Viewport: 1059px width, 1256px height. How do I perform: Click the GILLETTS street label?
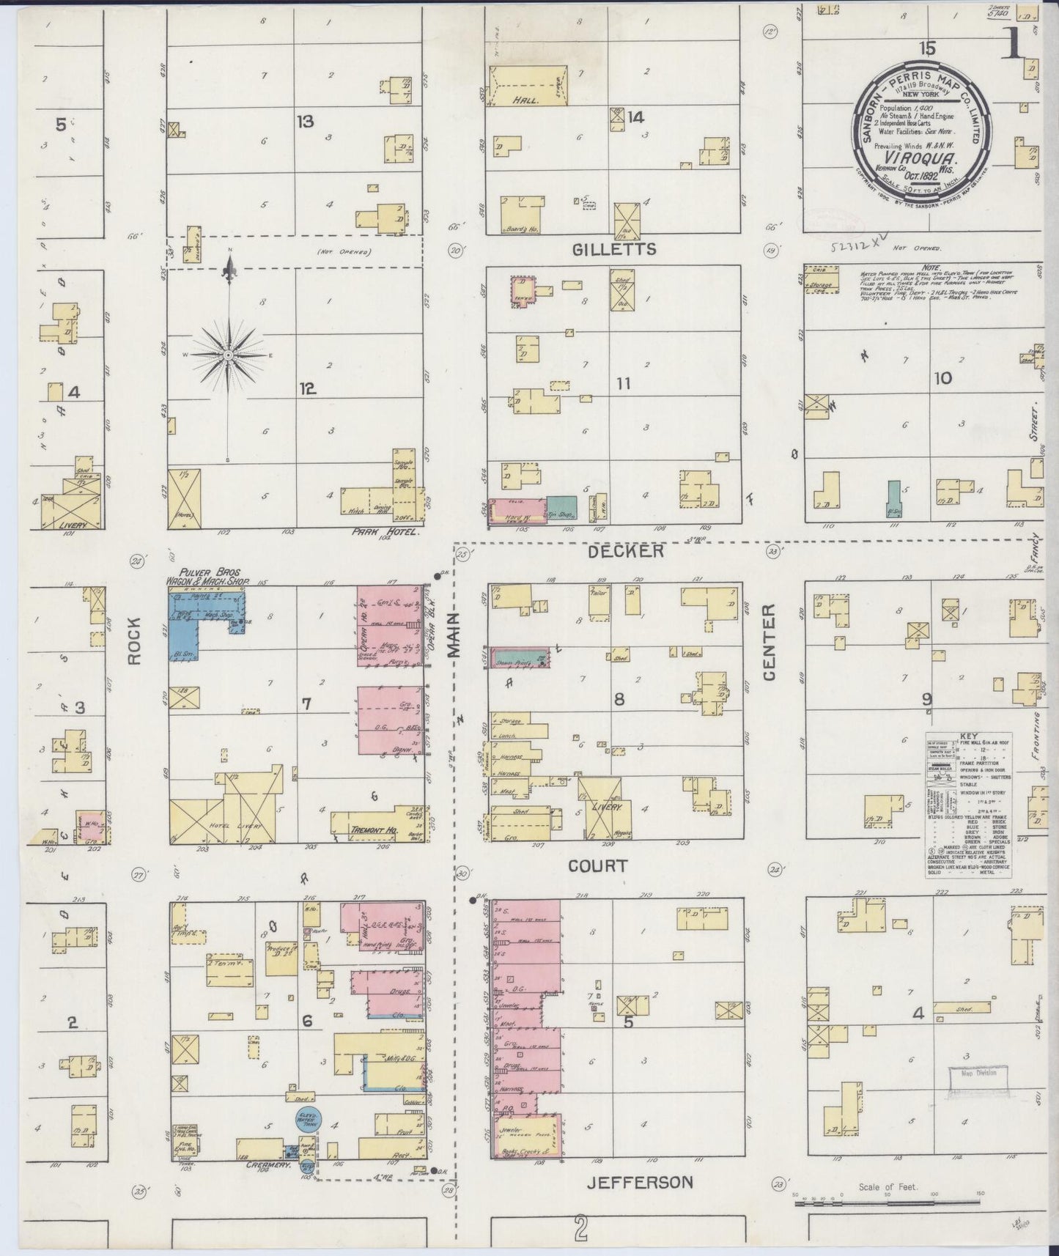[613, 250]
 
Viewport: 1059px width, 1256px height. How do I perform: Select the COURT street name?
[598, 866]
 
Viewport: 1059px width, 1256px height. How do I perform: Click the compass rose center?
[229, 355]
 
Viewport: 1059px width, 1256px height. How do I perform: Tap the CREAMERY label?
[265, 1164]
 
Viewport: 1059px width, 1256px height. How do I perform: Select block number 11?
[624, 383]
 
